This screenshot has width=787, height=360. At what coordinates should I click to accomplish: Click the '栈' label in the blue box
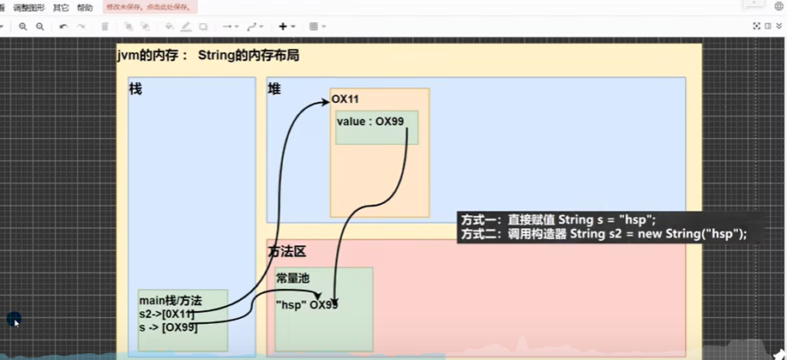click(x=135, y=88)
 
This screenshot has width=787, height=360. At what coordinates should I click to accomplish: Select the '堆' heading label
click(x=274, y=88)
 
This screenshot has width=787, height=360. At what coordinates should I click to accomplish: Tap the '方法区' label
click(x=286, y=252)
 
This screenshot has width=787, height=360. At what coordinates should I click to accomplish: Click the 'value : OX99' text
click(x=370, y=121)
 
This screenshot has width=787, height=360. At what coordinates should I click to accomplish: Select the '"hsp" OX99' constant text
click(x=306, y=304)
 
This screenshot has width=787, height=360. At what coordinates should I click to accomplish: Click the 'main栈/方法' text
click(x=170, y=301)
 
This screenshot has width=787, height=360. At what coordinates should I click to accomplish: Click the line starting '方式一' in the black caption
click(x=558, y=220)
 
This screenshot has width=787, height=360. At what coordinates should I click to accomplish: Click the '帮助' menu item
click(x=85, y=8)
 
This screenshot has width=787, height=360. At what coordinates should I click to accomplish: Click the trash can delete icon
click(x=105, y=27)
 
